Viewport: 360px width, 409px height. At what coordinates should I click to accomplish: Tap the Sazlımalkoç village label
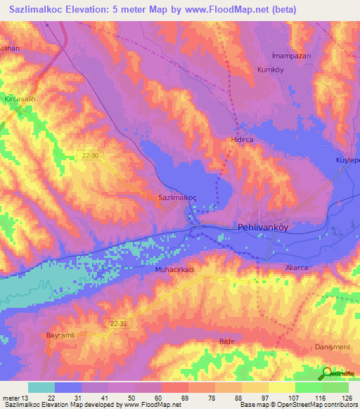pyautogui.click(x=178, y=198)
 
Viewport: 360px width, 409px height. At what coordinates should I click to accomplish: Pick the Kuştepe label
pyautogui.click(x=347, y=160)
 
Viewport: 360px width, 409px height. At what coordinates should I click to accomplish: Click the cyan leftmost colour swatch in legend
pyautogui.click(x=41, y=387)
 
